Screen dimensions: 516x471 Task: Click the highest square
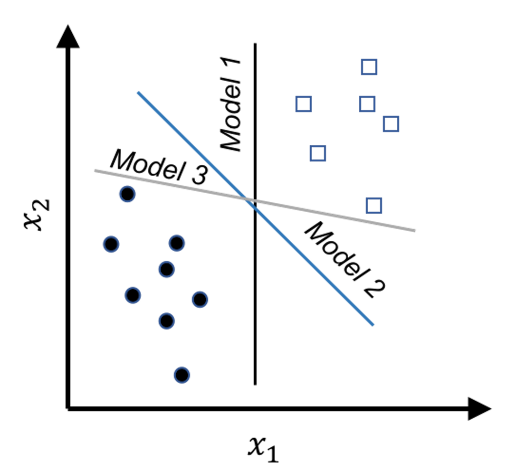tap(369, 67)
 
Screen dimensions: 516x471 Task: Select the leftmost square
tap(304, 104)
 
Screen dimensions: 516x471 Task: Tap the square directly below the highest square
tap(367, 104)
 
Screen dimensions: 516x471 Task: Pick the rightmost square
tap(391, 123)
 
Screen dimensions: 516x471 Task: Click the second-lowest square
tap(318, 153)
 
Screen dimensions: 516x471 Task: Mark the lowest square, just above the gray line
tap(374, 206)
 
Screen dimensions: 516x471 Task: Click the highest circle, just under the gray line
tap(127, 194)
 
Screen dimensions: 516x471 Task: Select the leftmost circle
tap(111, 244)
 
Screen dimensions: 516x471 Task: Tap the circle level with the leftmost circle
tap(177, 243)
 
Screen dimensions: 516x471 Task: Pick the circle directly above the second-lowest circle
tap(166, 269)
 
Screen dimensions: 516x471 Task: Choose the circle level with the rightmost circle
tap(133, 295)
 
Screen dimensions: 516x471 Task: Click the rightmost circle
tap(200, 300)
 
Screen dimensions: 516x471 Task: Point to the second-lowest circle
tap(166, 321)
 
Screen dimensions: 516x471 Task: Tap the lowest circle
tap(182, 375)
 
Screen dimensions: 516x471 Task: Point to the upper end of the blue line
tap(138, 93)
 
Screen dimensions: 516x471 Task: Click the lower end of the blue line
tap(373, 325)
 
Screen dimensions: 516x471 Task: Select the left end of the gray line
tap(96, 170)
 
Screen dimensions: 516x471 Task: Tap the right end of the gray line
tap(415, 231)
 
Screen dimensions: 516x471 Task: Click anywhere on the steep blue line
tap(309, 261)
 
